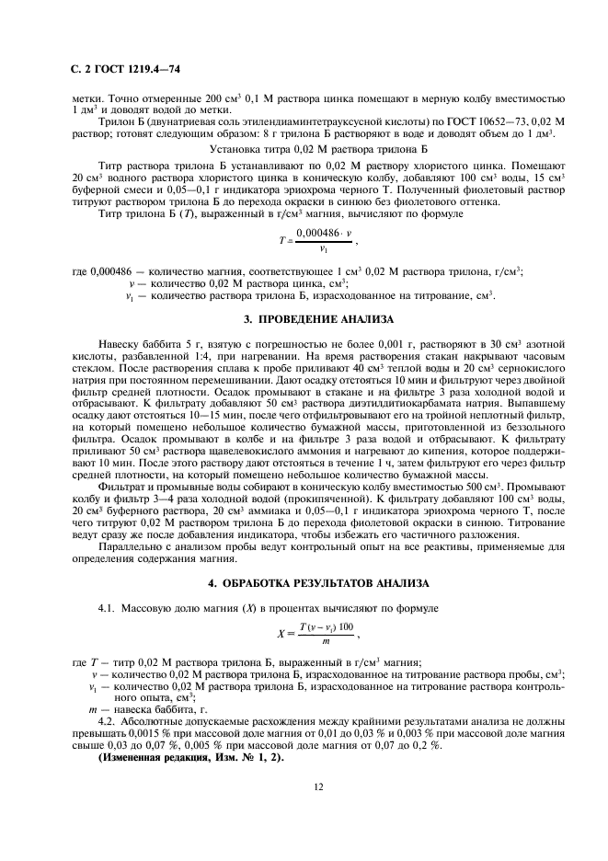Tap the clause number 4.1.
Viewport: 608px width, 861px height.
coord(106,608)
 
